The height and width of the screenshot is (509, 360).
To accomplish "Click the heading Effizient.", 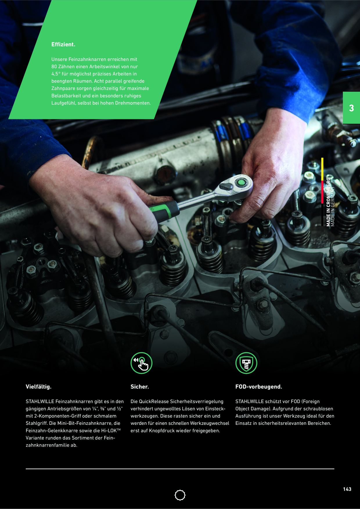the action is [x=63, y=44].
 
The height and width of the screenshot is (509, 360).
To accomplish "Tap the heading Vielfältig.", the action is [x=38, y=387].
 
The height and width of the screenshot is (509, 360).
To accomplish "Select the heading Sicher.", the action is [x=140, y=387].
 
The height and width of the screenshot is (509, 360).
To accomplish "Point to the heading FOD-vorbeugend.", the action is [x=259, y=387].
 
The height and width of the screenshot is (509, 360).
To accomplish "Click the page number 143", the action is [x=347, y=489].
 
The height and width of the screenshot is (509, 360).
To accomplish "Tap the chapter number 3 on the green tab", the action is [x=351, y=108].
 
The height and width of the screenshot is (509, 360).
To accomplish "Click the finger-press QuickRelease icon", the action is [x=141, y=363].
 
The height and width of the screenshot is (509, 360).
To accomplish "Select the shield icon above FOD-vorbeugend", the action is [x=246, y=363].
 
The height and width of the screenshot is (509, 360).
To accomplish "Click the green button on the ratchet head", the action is [x=240, y=183].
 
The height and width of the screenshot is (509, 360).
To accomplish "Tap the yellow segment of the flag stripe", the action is [x=322, y=169].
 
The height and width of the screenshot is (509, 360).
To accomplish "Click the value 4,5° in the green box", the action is [x=56, y=74].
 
